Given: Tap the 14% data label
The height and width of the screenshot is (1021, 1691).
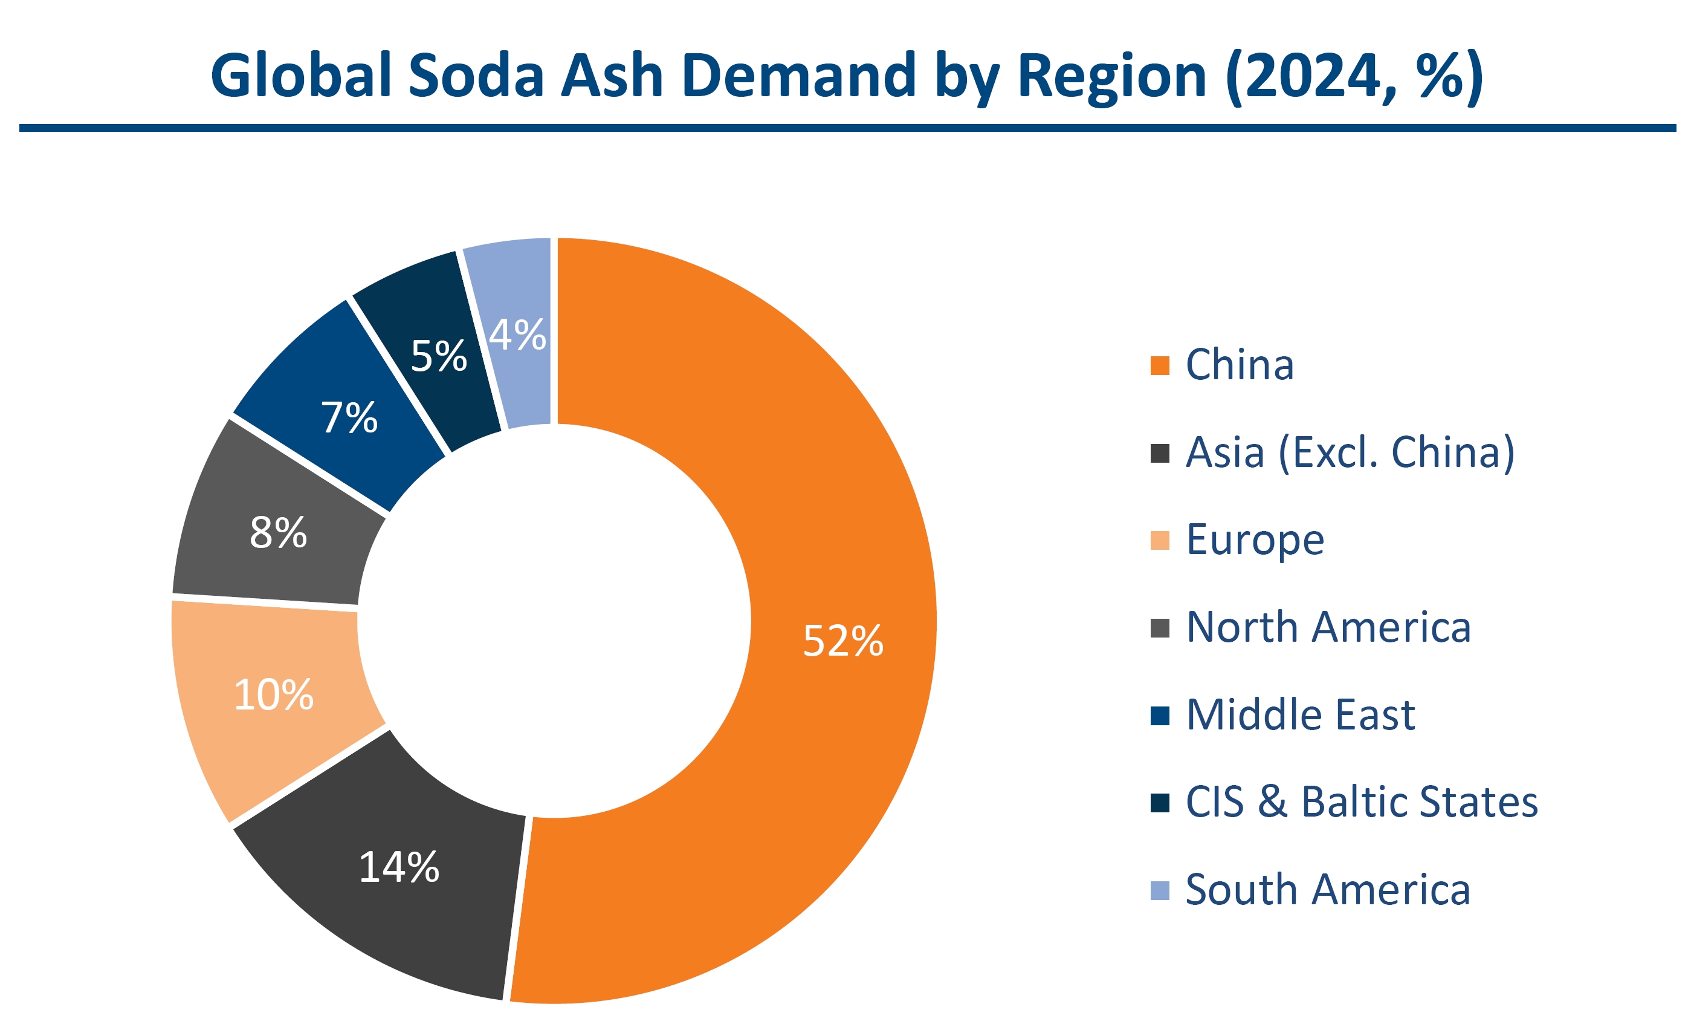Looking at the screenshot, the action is pyautogui.click(x=399, y=867).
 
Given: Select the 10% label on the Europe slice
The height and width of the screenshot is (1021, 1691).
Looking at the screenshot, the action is pyautogui.click(x=274, y=694).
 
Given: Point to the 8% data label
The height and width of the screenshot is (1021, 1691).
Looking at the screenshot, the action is pyautogui.click(x=278, y=532).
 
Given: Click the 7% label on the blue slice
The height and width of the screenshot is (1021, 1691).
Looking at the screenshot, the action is pyautogui.click(x=349, y=417).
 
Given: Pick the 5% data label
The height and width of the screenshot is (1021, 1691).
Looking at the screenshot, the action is pyautogui.click(x=439, y=356).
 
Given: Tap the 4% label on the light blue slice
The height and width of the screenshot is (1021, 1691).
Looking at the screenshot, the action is pyautogui.click(x=517, y=335).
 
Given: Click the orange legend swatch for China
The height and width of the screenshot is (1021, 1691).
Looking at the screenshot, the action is pyautogui.click(x=1160, y=366).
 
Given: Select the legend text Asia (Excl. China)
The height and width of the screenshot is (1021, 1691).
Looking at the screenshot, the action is pyautogui.click(x=1351, y=452).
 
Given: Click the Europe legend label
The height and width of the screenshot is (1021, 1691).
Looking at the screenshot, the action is pyautogui.click(x=1255, y=540).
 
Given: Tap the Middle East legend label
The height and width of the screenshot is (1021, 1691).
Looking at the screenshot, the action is pyautogui.click(x=1301, y=715).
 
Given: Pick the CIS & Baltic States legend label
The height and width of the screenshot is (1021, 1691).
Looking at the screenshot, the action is pyautogui.click(x=1362, y=802).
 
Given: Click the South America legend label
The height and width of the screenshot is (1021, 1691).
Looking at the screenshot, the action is pyautogui.click(x=1328, y=890).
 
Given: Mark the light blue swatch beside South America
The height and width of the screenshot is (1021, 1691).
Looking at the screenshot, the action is pyautogui.click(x=1160, y=890).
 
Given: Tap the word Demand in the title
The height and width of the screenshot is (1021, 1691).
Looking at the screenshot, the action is pyautogui.click(x=799, y=75).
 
